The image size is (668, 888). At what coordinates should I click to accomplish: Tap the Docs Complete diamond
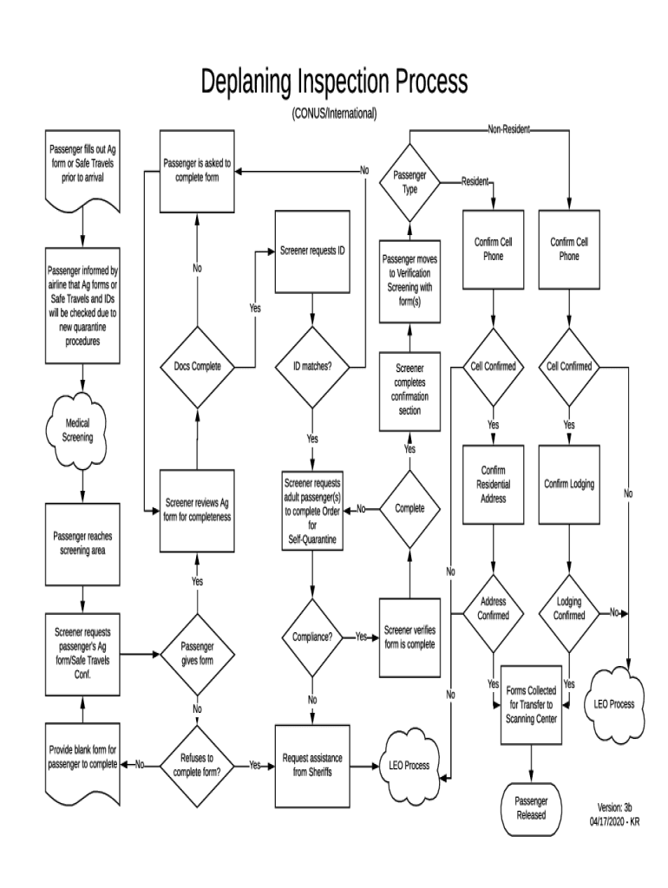coord(197,366)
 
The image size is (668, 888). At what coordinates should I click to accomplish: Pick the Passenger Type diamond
coord(409,182)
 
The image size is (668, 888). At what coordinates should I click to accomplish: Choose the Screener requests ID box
coord(312,251)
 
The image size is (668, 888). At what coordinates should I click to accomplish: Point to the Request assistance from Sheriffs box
coord(312,765)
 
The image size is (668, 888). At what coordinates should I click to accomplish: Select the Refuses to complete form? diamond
coord(197,765)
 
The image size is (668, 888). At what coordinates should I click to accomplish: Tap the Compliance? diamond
coord(312,637)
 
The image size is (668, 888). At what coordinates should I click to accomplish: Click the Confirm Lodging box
coord(569,484)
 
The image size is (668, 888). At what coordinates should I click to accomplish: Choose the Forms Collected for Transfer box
coord(530,704)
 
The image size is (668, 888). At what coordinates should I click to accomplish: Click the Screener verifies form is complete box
coord(409,637)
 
